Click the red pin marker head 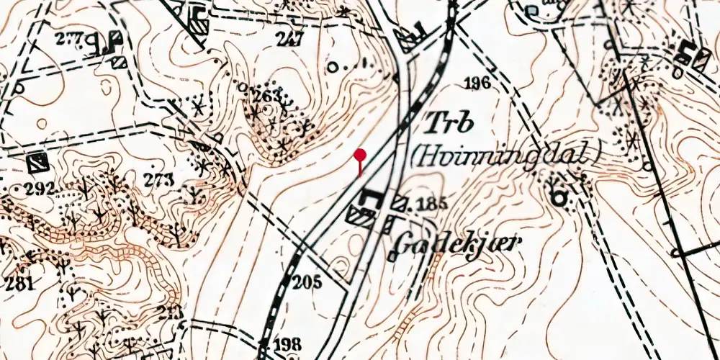click(x=360, y=154)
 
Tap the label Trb click(x=449, y=123)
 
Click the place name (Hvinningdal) click(x=505, y=153)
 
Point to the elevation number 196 click(x=477, y=84)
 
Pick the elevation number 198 click(x=287, y=344)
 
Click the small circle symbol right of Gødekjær click(x=557, y=194)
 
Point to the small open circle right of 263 click(x=333, y=68)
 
